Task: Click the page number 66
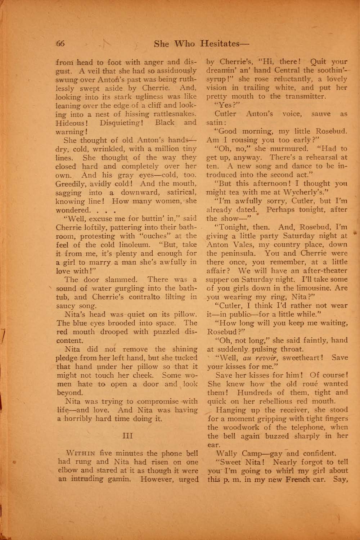click(60, 44)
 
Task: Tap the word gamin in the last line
click(121, 480)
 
